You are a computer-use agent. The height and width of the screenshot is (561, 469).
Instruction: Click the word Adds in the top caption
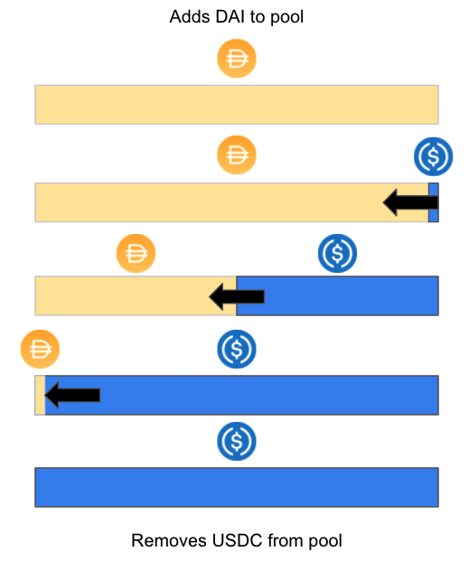tap(190, 17)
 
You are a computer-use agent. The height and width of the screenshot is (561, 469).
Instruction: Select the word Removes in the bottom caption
tap(169, 540)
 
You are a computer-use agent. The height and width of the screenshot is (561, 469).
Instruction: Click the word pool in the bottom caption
tap(325, 541)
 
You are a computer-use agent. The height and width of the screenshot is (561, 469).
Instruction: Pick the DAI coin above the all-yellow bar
tap(237, 59)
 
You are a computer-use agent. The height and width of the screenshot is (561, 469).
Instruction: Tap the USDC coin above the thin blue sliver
tap(433, 156)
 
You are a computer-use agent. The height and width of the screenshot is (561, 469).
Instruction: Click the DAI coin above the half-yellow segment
tap(136, 253)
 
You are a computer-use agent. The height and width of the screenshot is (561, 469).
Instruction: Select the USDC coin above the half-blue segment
tap(337, 253)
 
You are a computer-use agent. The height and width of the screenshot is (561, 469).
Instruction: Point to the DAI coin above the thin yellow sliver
tap(40, 349)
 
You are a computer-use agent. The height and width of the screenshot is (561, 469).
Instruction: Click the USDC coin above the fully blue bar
tap(237, 441)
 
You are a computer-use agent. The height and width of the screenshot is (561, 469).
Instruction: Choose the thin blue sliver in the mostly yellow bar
tap(434, 202)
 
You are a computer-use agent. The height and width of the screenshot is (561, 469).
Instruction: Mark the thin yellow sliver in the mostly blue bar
tap(40, 395)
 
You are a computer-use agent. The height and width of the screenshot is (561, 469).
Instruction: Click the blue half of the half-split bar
tap(338, 296)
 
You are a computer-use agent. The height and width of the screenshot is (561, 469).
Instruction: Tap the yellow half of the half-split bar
tap(136, 296)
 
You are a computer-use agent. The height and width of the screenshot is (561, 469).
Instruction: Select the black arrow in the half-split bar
tap(237, 296)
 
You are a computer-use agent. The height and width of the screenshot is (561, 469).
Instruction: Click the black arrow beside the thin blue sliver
tap(410, 202)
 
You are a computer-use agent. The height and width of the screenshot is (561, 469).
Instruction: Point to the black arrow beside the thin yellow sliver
tap(72, 395)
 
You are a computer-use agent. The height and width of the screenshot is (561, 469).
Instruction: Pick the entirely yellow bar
tap(237, 105)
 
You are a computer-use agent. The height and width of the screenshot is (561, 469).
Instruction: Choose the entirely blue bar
tap(237, 487)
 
